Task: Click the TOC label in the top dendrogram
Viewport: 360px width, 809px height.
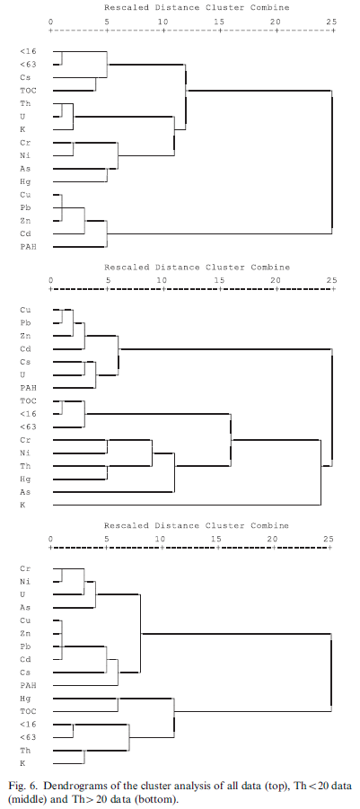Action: click(28, 91)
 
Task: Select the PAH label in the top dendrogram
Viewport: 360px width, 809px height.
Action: click(28, 247)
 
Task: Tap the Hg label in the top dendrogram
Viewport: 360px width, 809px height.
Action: click(25, 181)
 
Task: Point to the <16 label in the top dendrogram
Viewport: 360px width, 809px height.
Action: click(28, 51)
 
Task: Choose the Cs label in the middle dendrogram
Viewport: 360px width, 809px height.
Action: click(25, 362)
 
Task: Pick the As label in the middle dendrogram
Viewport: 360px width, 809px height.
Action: click(25, 491)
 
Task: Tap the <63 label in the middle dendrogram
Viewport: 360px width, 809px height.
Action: click(28, 426)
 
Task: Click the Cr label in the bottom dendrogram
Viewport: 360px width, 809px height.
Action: click(25, 568)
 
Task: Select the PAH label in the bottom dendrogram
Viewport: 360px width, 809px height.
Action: click(28, 685)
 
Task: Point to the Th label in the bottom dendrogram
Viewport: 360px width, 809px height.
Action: click(25, 750)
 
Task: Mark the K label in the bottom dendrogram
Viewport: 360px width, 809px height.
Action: click(22, 762)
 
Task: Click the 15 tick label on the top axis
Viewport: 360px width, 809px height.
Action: click(220, 22)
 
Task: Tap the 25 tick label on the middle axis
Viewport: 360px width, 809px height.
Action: click(331, 280)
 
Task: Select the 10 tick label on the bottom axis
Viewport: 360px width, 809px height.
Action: click(161, 539)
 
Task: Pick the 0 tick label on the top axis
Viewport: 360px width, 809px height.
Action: click(50, 22)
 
